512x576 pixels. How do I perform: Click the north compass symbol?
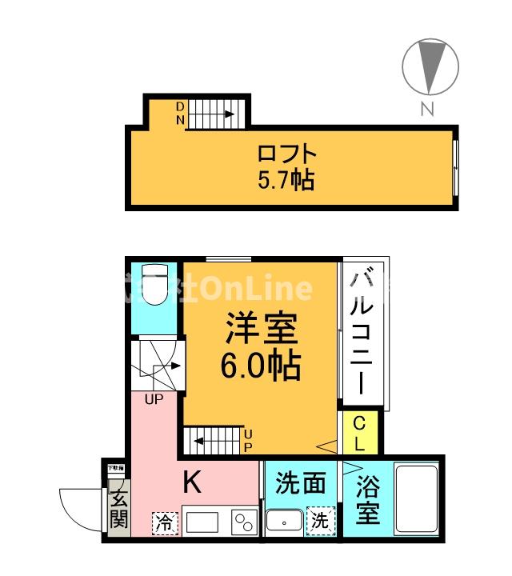pyautogui.click(x=431, y=67)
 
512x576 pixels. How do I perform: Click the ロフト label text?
pyautogui.click(x=286, y=152)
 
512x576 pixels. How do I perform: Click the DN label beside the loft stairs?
pyautogui.click(x=180, y=114)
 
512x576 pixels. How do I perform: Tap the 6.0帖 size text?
pyautogui.click(x=261, y=366)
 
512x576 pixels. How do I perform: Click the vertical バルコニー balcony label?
pyautogui.click(x=363, y=331)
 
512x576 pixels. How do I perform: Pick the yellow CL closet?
pyautogui.click(x=359, y=433)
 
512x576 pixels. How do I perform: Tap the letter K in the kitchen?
pyautogui.click(x=192, y=482)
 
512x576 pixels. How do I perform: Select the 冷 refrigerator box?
pyautogui.click(x=164, y=522)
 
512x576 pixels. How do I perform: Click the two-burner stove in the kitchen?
pyautogui.click(x=242, y=522)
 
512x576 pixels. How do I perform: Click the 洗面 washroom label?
pyautogui.click(x=301, y=483)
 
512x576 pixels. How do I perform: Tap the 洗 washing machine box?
pyautogui.click(x=320, y=520)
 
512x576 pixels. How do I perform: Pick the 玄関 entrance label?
pyautogui.click(x=118, y=509)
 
